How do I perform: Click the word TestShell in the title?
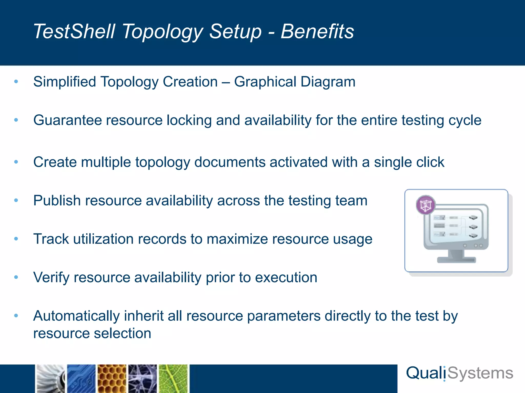coord(74,31)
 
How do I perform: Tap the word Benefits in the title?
coord(317,31)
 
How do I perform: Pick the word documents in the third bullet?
coord(230,162)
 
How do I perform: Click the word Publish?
coord(57,200)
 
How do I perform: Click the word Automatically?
coord(76,316)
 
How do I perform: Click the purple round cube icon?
coord(426,205)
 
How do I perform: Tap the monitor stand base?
coord(456,260)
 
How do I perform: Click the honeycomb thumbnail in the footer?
coord(112,379)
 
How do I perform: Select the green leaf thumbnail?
coord(174,379)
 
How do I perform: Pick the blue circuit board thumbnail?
coord(81,379)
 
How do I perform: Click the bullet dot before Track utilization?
coord(16,239)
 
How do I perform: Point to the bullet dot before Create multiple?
coord(16,162)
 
